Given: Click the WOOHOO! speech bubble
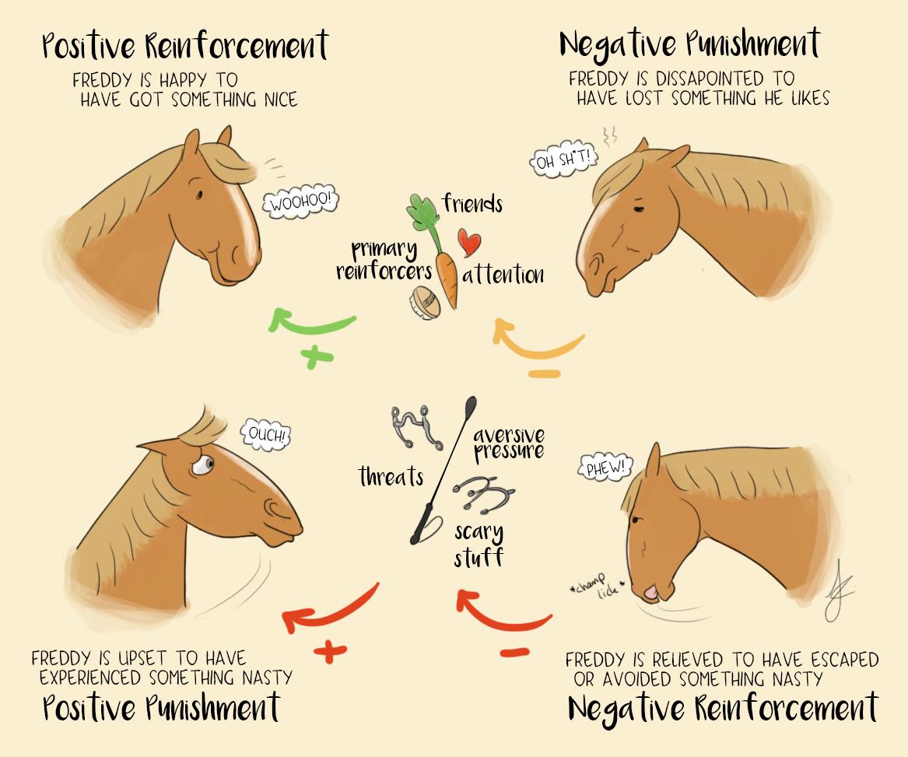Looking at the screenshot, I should (301, 203).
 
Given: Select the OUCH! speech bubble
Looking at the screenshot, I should (267, 434).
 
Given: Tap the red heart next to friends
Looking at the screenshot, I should (468, 242).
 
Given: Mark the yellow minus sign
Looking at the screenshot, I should (544, 374).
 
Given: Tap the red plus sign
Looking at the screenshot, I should (331, 651).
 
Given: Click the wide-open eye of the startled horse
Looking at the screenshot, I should (203, 465).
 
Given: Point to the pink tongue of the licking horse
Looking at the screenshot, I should (650, 594).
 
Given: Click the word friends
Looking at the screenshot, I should (472, 204).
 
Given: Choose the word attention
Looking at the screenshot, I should (503, 275).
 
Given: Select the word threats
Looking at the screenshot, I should (391, 476).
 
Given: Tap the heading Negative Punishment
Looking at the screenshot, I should (689, 44).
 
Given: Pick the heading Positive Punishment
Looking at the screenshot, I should (160, 708).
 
